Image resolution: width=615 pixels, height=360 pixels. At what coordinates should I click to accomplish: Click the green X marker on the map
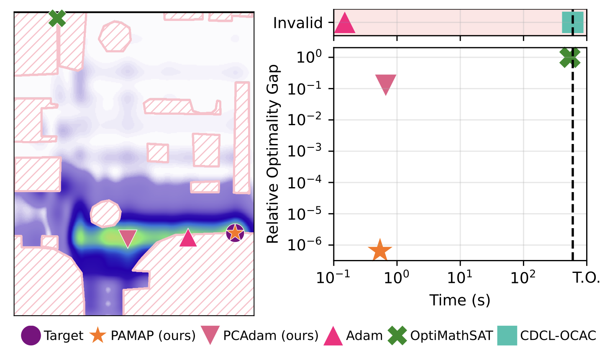[x=57, y=18]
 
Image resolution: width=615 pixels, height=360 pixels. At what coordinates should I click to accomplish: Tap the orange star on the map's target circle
[x=235, y=232]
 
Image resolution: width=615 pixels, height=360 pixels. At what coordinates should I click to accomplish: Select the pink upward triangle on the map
[x=188, y=238]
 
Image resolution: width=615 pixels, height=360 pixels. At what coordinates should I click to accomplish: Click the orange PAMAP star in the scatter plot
[x=380, y=250]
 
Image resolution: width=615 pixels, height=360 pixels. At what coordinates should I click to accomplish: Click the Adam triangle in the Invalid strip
[x=345, y=23]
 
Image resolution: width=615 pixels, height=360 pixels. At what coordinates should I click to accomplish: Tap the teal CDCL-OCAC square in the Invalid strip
[x=572, y=23]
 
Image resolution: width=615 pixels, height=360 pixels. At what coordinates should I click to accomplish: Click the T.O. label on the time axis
[x=587, y=278]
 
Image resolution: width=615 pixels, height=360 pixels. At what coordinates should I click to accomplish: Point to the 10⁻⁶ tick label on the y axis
[x=305, y=245]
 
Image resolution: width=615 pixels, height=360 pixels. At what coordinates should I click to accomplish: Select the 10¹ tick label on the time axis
[x=460, y=278]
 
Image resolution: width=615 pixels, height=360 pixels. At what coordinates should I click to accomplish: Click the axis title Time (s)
[x=460, y=300]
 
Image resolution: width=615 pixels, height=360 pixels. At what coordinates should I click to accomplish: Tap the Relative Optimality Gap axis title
[x=273, y=154]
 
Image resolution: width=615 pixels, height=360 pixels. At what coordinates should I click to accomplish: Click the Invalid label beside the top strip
[x=298, y=23]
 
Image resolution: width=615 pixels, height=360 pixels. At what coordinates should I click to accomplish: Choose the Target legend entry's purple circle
[x=31, y=336]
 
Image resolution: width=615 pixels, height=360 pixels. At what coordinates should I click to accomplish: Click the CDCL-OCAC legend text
[x=558, y=336]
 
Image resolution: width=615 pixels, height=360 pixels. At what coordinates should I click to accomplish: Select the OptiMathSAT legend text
[x=451, y=336]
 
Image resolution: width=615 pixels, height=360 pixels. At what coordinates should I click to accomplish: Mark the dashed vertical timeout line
[x=572, y=167]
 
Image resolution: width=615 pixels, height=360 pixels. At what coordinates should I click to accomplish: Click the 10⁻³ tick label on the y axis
[x=305, y=151]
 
